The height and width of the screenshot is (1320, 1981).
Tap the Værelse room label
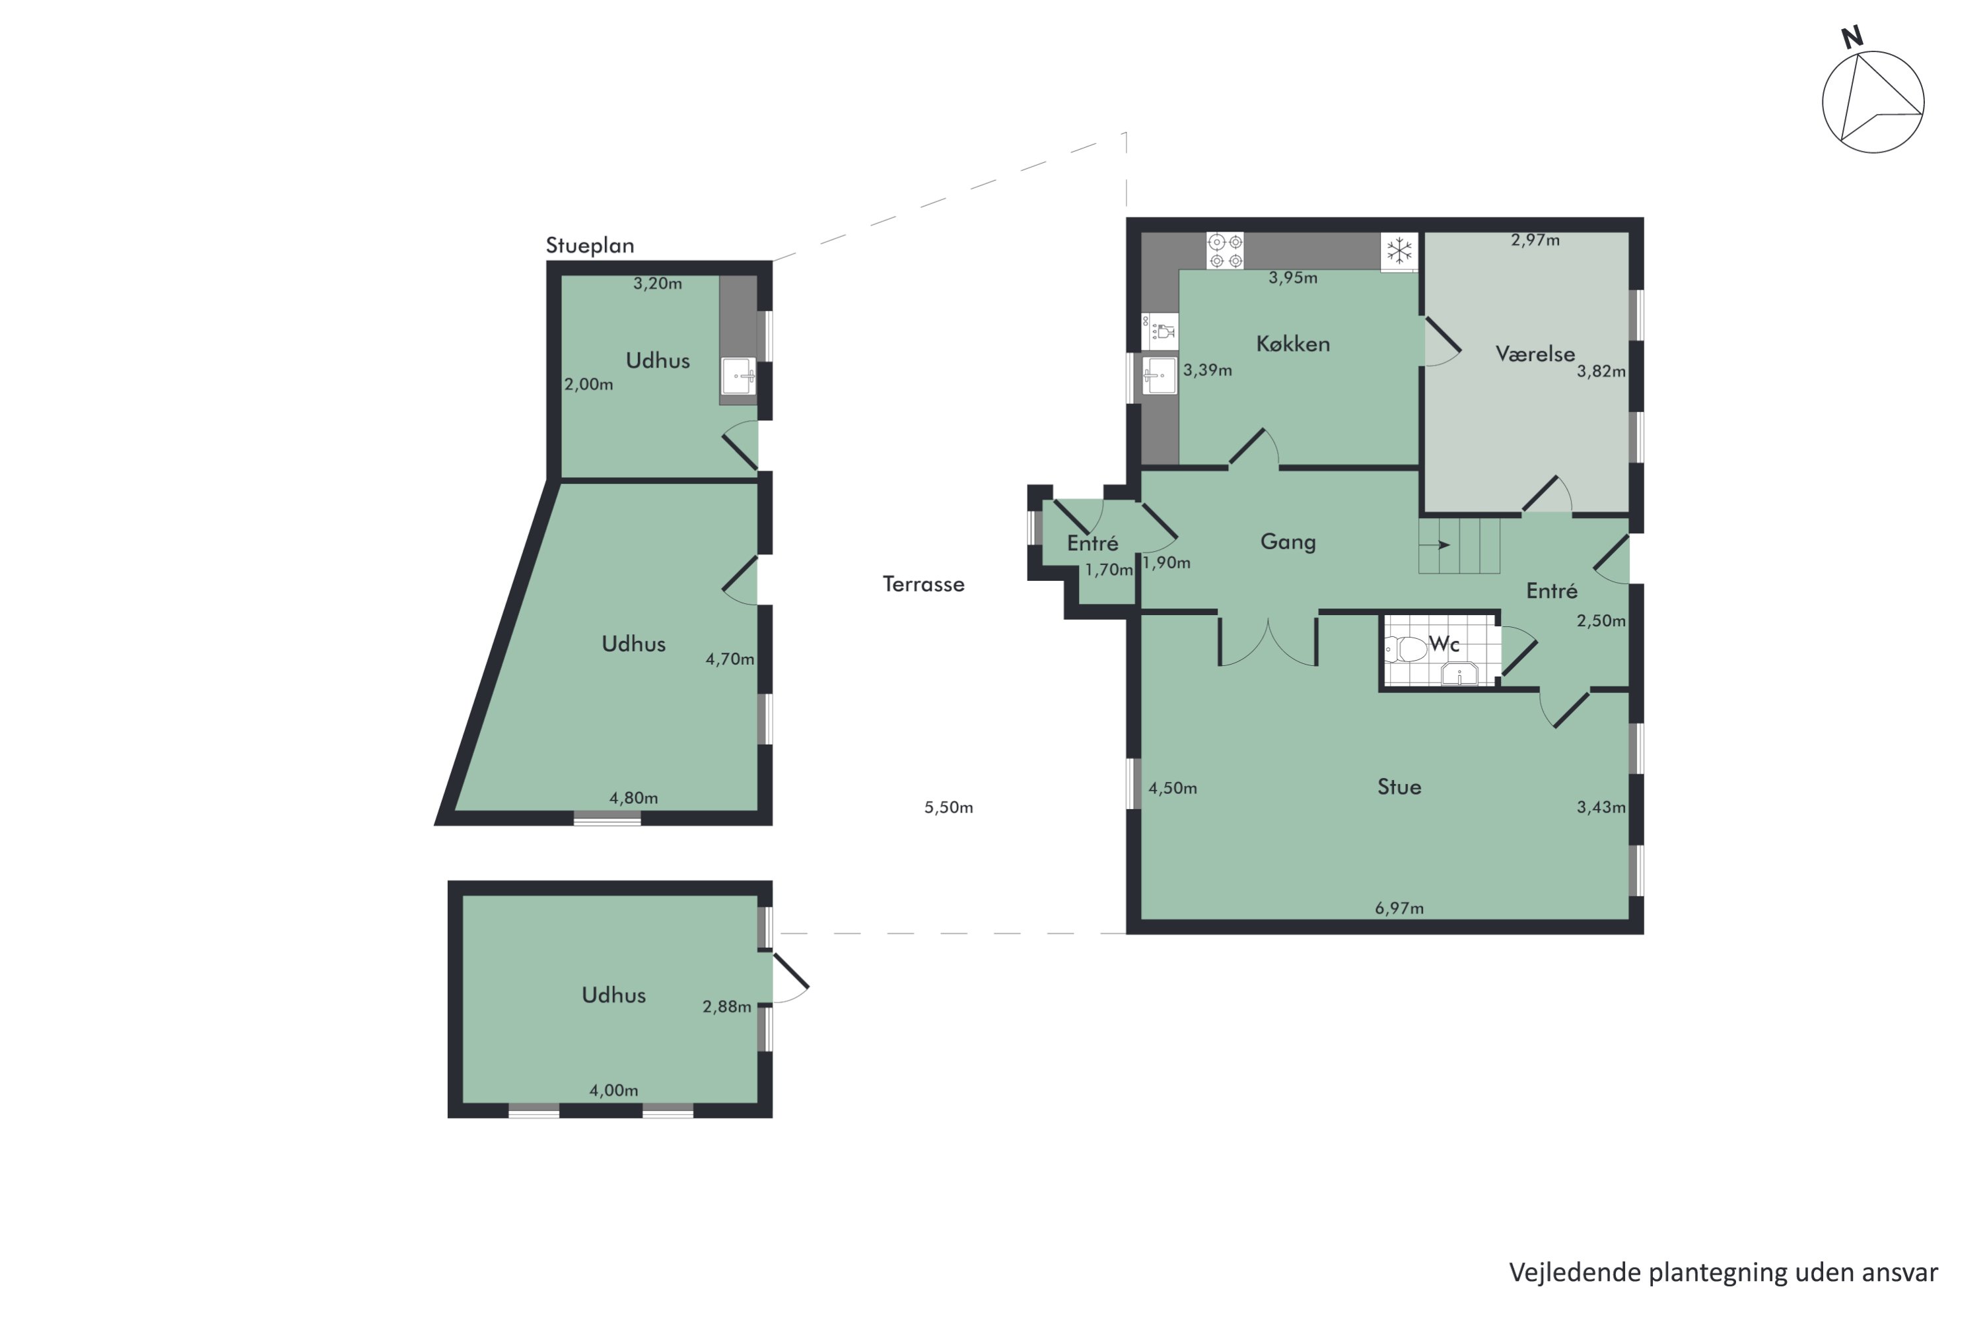click(1535, 354)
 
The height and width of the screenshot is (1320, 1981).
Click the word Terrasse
click(923, 584)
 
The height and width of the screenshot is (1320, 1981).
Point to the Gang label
click(1288, 541)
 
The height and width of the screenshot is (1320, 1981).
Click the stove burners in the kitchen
click(1225, 251)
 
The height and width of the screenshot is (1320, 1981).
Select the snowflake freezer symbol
click(1399, 250)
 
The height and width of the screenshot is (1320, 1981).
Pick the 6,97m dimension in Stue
click(1399, 907)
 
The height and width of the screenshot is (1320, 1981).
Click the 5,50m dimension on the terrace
click(948, 807)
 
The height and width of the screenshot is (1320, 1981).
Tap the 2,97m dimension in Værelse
click(1535, 240)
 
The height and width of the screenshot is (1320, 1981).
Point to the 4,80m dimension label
click(633, 797)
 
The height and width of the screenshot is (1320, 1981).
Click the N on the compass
click(1852, 37)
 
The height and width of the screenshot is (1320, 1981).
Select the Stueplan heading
click(590, 245)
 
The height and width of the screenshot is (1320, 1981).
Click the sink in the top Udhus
click(739, 376)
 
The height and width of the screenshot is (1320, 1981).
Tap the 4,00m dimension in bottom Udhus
click(613, 1090)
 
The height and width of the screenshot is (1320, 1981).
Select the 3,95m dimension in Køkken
click(1293, 277)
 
